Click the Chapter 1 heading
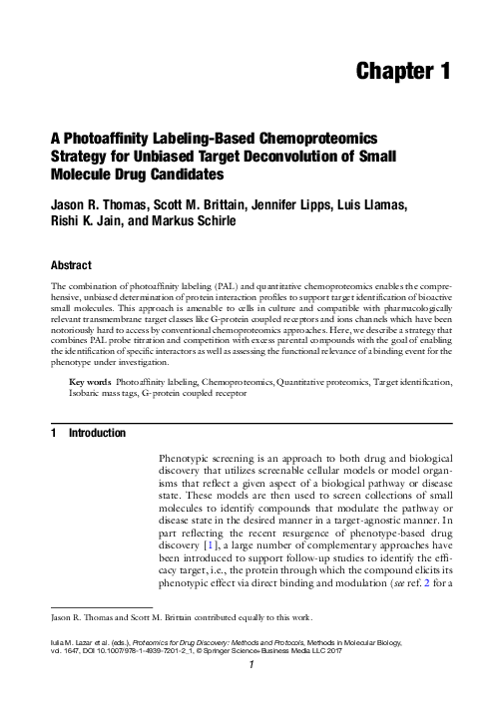point(404,71)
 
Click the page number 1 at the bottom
point(252,690)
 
